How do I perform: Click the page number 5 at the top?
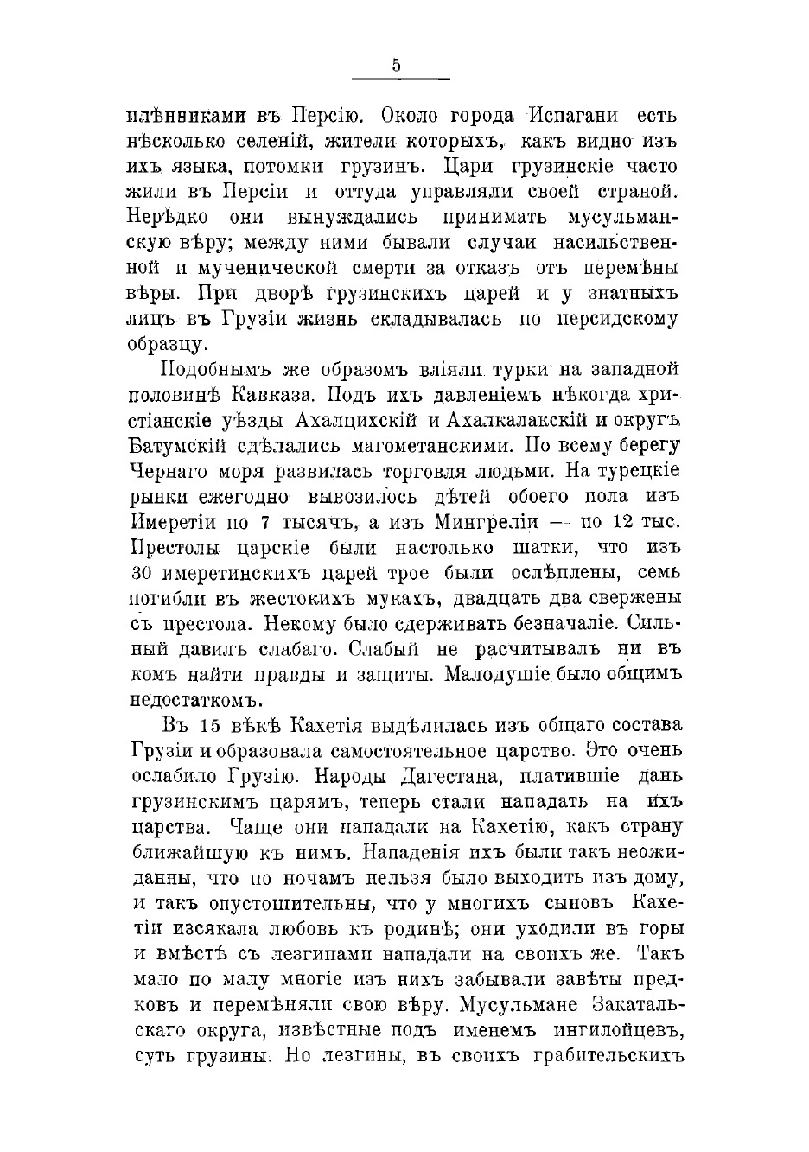[x=396, y=64]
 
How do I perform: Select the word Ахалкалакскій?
[x=537, y=421]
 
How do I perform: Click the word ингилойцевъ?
[x=608, y=1031]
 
